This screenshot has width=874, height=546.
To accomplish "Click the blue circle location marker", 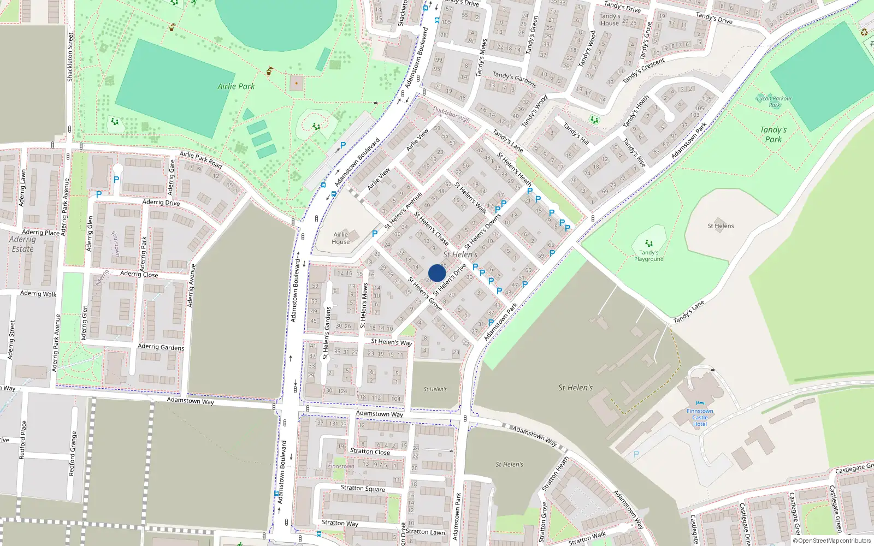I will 437,273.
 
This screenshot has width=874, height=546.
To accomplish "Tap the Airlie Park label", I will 236,86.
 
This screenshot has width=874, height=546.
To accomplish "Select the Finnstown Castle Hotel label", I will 700,418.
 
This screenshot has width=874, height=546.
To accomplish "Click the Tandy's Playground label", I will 648,256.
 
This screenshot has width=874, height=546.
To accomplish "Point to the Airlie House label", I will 340,238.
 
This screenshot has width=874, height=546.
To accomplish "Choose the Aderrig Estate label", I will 22,244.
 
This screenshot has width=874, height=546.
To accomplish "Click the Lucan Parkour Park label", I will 774,102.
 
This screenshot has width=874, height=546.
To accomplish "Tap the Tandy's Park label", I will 773,134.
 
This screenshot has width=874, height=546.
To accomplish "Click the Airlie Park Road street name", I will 200,159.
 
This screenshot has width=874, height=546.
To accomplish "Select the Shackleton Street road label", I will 70,57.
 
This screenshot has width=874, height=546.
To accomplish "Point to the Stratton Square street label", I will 363,488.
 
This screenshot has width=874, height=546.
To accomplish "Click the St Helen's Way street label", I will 391,342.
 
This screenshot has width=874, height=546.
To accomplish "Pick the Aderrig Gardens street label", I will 161,347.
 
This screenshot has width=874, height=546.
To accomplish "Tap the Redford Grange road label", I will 72,453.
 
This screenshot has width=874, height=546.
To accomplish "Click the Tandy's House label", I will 610,20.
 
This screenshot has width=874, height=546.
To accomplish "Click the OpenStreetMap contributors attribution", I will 832,541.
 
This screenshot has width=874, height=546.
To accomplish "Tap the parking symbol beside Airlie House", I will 375,234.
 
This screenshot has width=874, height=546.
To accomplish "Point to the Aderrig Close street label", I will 139,274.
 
